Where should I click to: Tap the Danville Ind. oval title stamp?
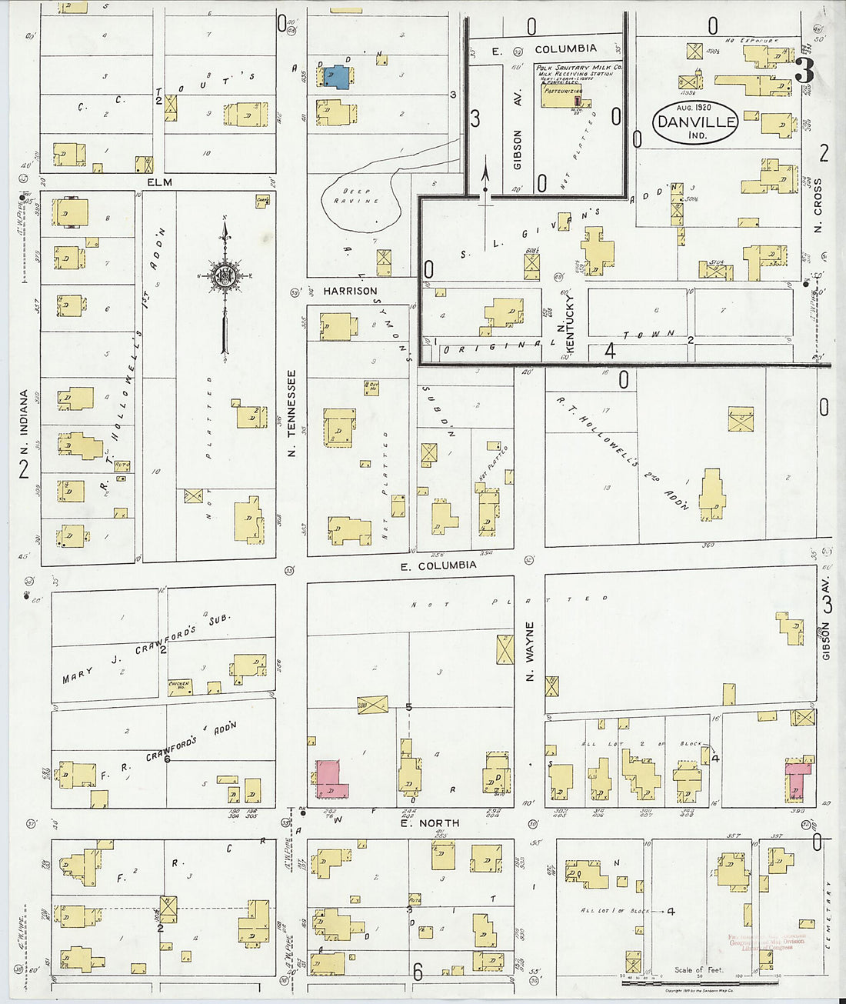[696, 122]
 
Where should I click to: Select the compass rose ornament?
[225, 275]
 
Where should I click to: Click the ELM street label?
[162, 182]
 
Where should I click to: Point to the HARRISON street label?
[350, 291]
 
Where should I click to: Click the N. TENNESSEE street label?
[292, 414]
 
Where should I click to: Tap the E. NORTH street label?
[429, 823]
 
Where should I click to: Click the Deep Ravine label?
[356, 196]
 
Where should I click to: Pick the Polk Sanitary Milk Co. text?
[579, 68]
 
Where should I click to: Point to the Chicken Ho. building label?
[179, 684]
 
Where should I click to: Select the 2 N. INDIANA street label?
[24, 435]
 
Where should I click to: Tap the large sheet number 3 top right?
[804, 71]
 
